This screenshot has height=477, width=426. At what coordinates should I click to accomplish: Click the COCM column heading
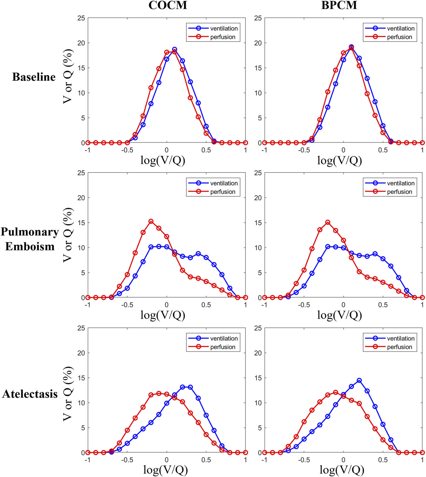(168, 5)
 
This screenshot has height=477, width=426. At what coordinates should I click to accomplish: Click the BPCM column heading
(339, 5)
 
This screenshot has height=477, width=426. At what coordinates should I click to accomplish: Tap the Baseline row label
(34, 77)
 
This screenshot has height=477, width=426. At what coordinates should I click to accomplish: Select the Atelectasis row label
(30, 394)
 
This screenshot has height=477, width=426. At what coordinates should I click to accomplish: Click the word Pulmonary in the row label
(30, 232)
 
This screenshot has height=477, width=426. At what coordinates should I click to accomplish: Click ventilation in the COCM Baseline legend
(224, 28)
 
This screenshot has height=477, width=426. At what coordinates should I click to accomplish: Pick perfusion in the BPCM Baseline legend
(399, 37)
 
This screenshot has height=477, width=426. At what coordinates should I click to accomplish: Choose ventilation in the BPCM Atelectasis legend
(401, 338)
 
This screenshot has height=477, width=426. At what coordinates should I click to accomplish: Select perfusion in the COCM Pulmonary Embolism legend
(223, 192)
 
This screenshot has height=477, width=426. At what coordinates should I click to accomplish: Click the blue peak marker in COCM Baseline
(175, 49)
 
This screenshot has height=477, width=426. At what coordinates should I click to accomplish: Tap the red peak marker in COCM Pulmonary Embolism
(151, 222)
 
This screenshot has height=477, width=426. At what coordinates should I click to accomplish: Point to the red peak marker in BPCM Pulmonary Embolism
(328, 223)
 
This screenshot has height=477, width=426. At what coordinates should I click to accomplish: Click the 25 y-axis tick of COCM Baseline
(81, 18)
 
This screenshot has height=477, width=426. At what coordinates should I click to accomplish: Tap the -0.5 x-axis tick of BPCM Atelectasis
(304, 460)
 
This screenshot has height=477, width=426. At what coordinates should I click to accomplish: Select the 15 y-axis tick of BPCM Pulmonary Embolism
(258, 223)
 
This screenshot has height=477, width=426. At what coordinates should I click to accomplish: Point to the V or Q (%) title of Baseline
(68, 76)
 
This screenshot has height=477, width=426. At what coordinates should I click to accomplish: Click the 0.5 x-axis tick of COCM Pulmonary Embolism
(206, 305)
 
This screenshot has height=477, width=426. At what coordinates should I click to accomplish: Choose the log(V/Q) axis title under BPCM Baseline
(340, 160)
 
